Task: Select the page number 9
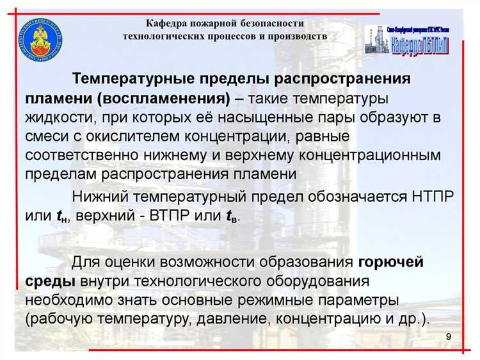[448, 337]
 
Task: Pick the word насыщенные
[273, 117]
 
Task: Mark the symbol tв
[232, 216]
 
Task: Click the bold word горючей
[390, 262]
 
